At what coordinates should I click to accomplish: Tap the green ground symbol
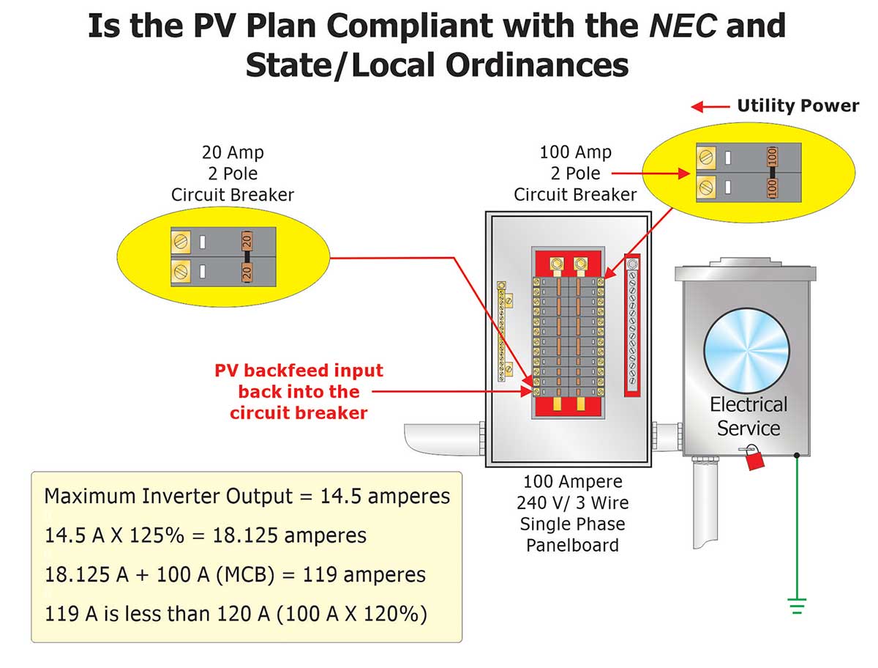pyautogui.click(x=797, y=606)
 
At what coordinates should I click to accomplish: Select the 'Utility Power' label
pyautogui.click(x=798, y=106)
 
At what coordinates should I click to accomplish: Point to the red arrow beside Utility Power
pyautogui.click(x=710, y=107)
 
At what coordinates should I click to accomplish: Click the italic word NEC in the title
pyautogui.click(x=672, y=26)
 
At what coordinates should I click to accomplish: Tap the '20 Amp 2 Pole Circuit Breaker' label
pyautogui.click(x=233, y=174)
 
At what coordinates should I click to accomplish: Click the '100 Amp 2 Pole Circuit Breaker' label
pyautogui.click(x=575, y=174)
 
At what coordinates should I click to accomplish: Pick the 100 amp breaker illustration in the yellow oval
pyautogui.click(x=737, y=172)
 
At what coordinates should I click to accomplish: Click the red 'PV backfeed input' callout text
pyautogui.click(x=299, y=392)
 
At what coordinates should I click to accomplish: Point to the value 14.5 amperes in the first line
pyautogui.click(x=385, y=497)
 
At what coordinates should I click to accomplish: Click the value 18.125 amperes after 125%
pyautogui.click(x=289, y=535)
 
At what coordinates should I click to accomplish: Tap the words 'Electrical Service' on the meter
pyautogui.click(x=748, y=416)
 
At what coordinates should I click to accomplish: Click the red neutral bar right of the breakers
pyautogui.click(x=632, y=326)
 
